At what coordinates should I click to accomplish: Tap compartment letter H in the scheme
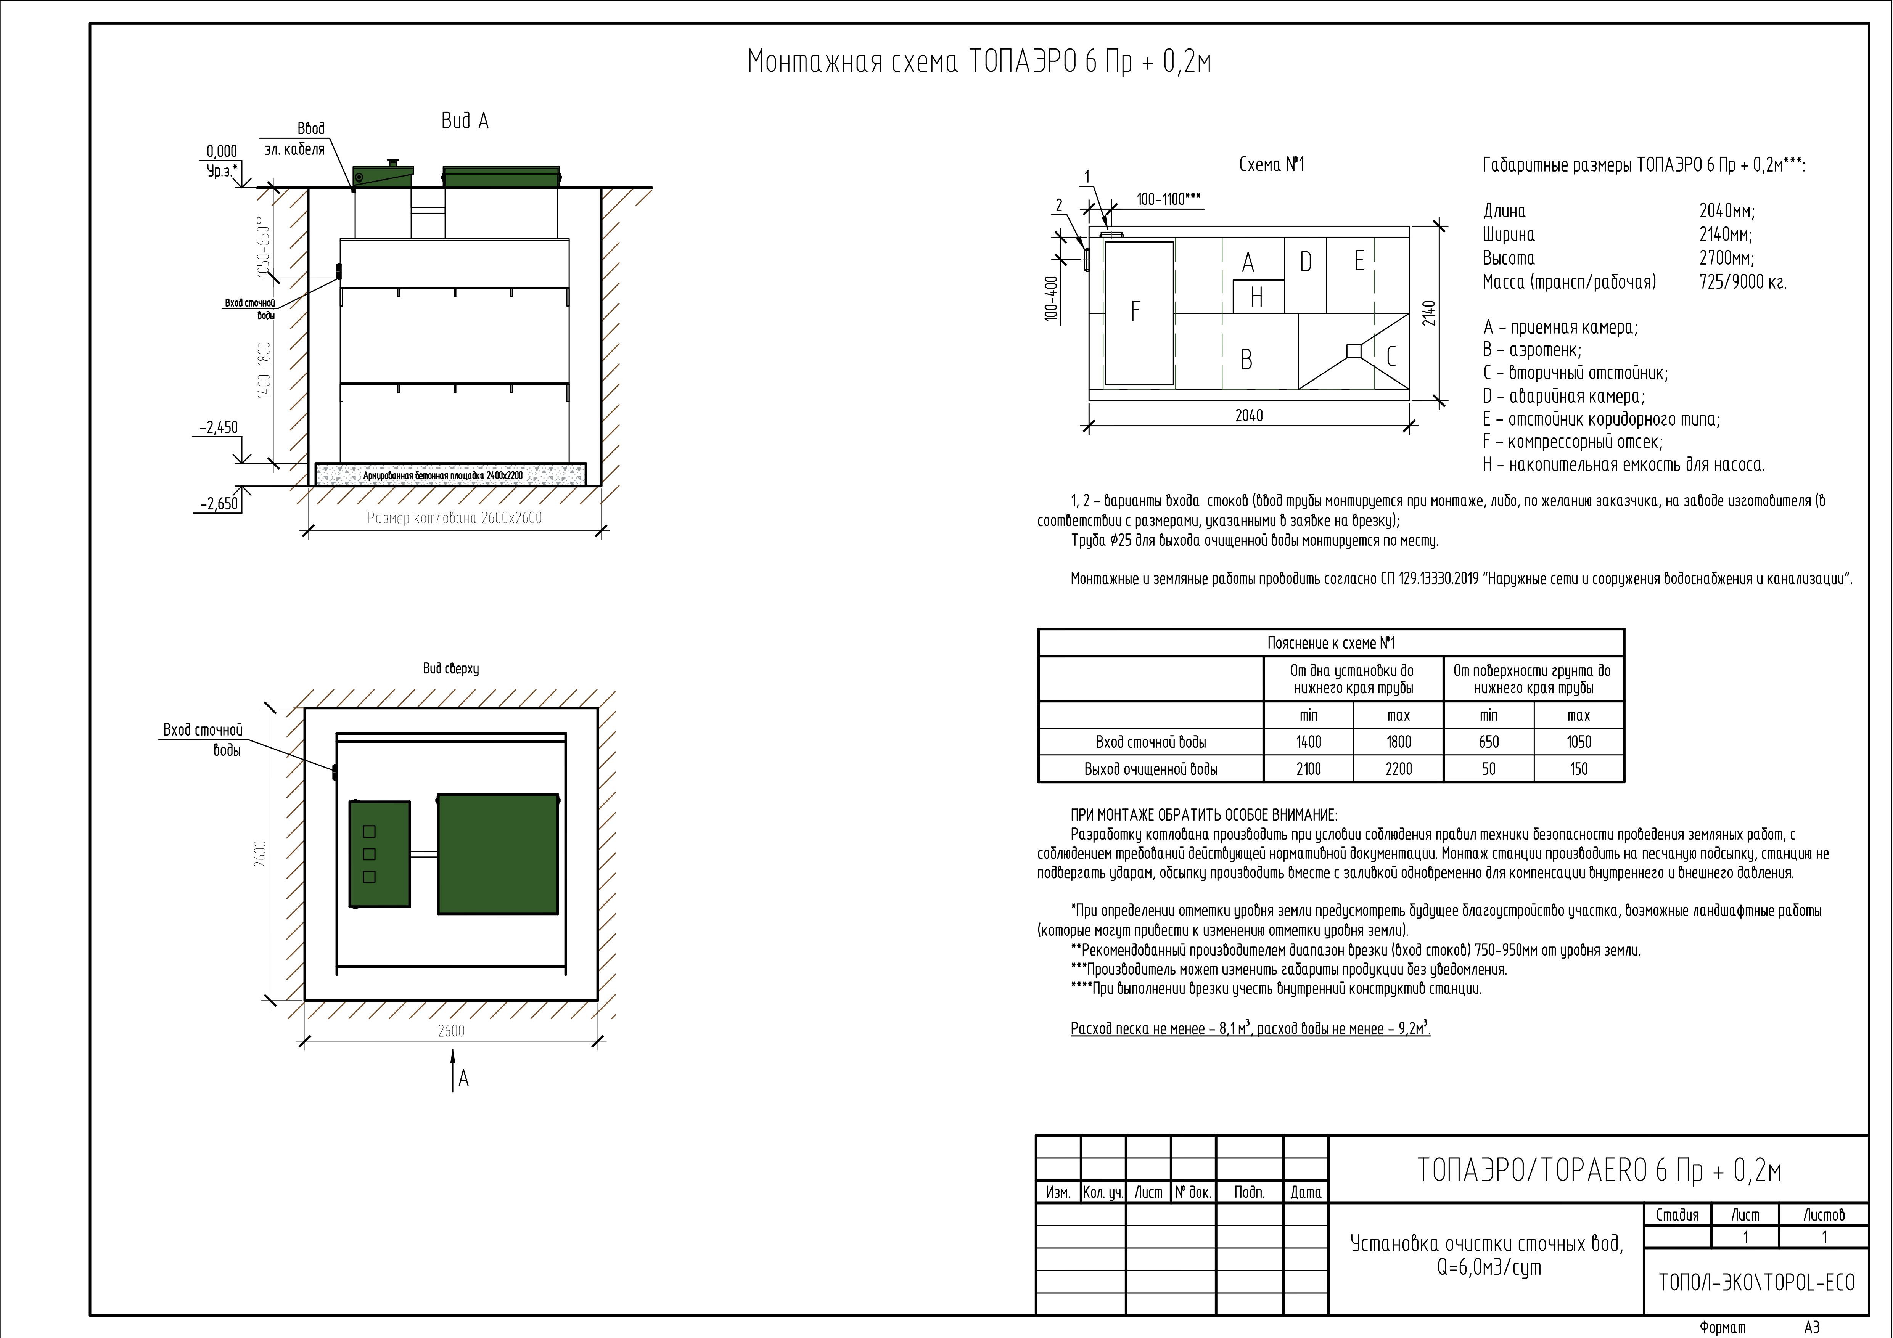point(1256,297)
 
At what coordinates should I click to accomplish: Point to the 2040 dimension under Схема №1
point(1249,416)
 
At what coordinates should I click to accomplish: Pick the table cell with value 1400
point(1308,742)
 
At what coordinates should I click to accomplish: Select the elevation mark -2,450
point(219,427)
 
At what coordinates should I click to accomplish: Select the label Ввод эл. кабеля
point(295,139)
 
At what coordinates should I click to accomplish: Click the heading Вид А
point(465,121)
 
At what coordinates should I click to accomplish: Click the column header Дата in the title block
point(1306,1192)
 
